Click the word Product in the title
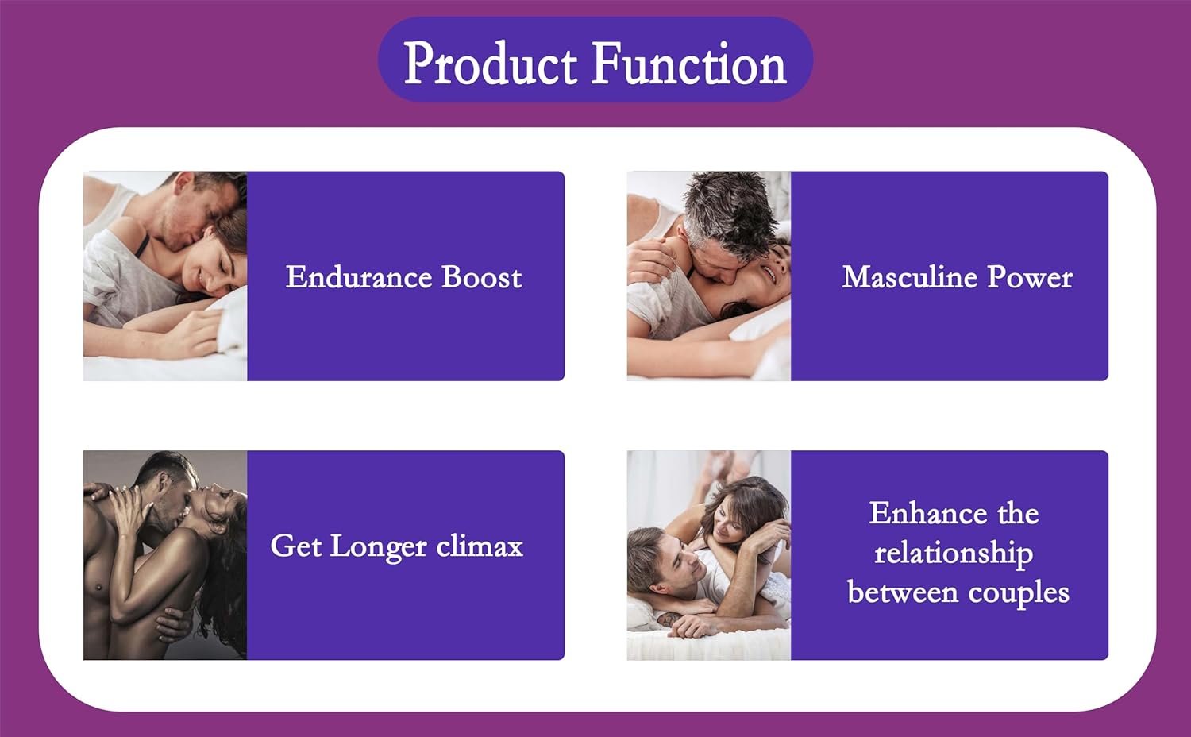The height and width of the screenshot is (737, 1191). point(490,63)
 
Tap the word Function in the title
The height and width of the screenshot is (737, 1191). point(689,63)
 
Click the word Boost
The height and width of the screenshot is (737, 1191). point(482,277)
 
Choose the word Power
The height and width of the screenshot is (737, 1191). point(1030,278)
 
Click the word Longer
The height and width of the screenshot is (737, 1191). point(378,547)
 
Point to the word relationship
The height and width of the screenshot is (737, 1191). point(954,554)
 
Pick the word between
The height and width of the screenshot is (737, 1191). point(902,592)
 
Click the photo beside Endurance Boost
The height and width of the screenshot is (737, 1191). point(165,276)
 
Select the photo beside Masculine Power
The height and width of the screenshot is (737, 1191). point(709,276)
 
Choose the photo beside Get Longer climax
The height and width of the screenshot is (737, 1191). point(165,555)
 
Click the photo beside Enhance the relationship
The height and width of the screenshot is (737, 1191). point(709,555)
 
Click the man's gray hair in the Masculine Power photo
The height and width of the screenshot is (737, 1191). point(728,213)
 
